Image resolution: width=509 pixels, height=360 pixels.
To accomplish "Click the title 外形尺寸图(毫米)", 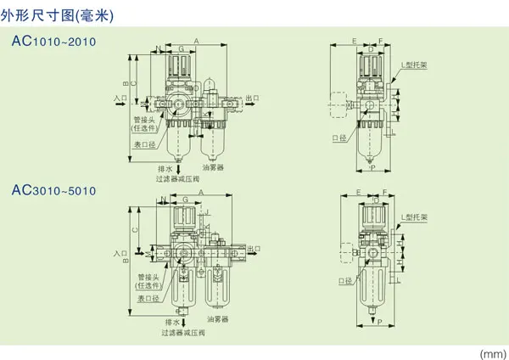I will pos(58,15).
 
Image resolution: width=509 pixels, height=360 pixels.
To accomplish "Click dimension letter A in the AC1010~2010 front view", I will pos(196,41).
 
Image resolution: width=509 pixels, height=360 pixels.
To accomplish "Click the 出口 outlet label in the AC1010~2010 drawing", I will pos(252,98).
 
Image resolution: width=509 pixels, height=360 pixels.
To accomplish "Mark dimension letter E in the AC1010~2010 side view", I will pos(354,41).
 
